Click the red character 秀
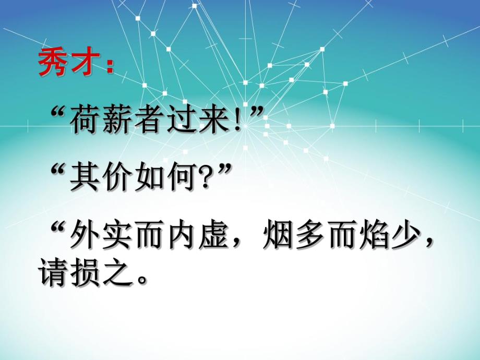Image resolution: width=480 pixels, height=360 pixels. tap(54, 64)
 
